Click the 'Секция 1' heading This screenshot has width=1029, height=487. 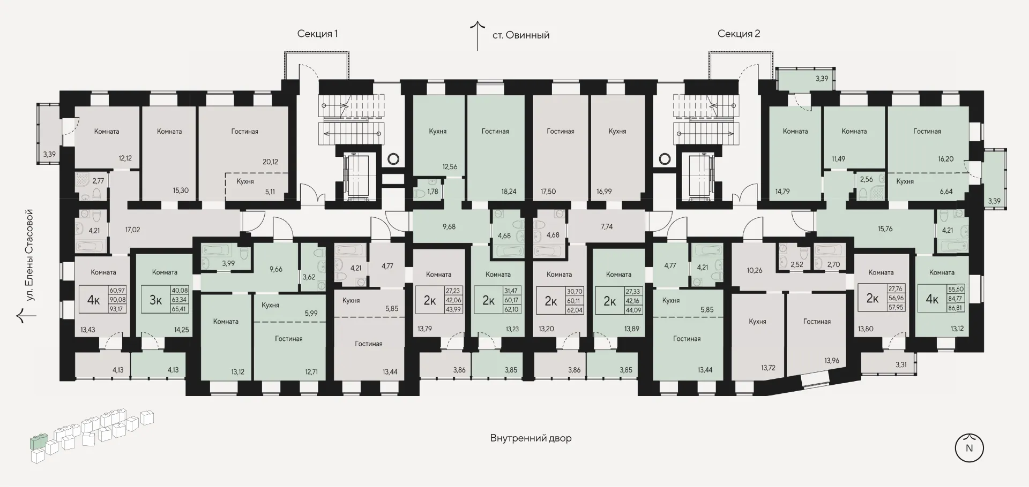coord(317,34)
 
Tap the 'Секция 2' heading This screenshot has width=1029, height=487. coord(739,34)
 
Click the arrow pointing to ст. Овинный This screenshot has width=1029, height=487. coord(478,35)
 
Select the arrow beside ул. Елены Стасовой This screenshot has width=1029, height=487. coord(26,316)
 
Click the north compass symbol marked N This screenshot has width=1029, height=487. coord(969,448)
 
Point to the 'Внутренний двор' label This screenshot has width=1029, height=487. coord(531,438)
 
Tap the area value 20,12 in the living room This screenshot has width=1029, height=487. coord(270,162)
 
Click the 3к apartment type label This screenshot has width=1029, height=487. coord(155,300)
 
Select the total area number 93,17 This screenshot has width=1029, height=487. coord(117,309)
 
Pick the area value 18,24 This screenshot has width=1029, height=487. coord(509,191)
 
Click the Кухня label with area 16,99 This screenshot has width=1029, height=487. coord(617,131)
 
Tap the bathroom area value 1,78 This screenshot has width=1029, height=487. coord(433,191)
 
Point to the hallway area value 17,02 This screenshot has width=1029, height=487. coord(132,230)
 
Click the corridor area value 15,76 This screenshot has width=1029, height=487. coord(885,229)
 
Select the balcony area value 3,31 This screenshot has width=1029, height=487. coord(901,365)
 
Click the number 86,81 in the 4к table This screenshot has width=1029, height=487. coord(956,308)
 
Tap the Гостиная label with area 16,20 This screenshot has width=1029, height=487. coord(927,131)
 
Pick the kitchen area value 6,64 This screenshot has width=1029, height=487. coord(946,191)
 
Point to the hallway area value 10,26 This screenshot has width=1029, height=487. coord(754,270)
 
